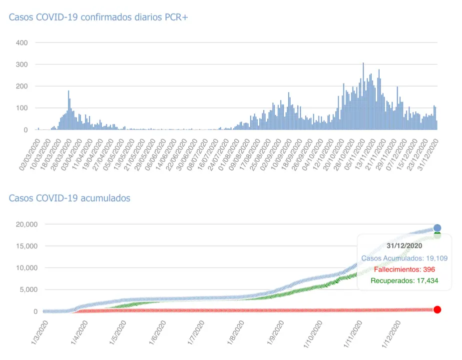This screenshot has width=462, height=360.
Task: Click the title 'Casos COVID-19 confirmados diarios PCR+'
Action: click(98, 17)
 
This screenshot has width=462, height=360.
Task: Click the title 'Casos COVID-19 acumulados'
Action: click(69, 198)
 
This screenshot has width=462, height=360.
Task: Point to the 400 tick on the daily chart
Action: click(21, 43)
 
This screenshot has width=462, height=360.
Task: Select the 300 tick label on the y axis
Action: click(21, 65)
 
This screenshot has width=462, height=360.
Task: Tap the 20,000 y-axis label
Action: click(25, 224)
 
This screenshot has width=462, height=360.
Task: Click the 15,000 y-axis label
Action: click(25, 246)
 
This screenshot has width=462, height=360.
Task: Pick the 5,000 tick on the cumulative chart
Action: click(27, 289)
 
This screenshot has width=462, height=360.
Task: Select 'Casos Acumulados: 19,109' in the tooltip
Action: click(405, 258)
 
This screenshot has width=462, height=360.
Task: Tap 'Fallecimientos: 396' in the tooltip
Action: click(405, 269)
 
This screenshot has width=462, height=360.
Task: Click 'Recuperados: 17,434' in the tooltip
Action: click(405, 281)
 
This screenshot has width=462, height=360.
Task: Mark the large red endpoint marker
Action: click(437, 309)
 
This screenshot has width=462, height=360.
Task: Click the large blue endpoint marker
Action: click(437, 228)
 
